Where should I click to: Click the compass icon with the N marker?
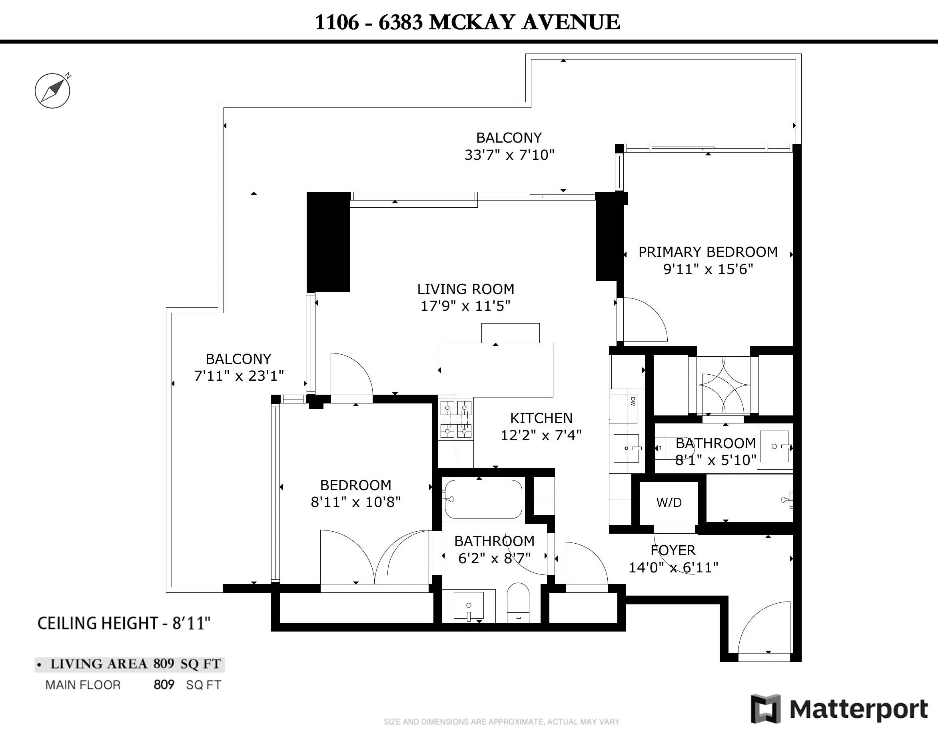coord(52,90)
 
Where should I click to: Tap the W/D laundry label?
coord(669,503)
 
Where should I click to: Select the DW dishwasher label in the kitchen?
coord(633,401)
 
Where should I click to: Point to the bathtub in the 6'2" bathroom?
coord(483,499)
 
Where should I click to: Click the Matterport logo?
coord(839,709)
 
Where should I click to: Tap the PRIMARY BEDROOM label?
coord(708,252)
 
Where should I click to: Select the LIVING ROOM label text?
coord(465,289)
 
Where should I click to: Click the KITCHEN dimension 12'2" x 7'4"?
coord(541,435)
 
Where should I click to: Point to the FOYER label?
coord(673,550)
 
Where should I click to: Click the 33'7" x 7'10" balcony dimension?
coord(509,155)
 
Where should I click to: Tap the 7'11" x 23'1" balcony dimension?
coord(239,375)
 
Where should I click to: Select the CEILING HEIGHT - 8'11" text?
coord(124,623)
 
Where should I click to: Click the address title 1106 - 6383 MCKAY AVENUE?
coord(467,22)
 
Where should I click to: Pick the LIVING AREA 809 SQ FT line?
coord(130,664)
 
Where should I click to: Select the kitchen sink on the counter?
coord(626,448)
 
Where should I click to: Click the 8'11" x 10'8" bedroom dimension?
coord(355,502)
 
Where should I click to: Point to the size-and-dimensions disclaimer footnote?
coord(501,722)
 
